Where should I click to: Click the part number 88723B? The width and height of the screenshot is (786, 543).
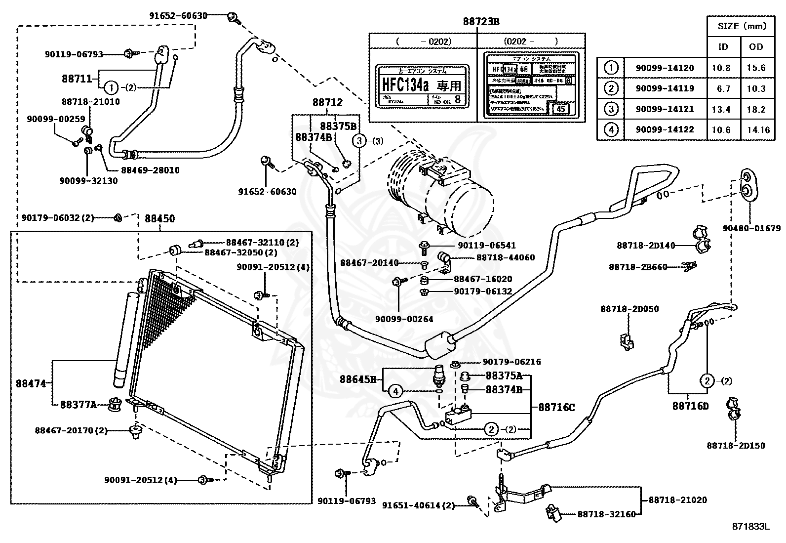481,22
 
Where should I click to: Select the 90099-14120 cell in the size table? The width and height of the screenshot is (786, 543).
665,68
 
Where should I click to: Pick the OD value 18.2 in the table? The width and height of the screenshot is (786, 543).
756,109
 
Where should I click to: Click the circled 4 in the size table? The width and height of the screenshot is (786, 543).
611,129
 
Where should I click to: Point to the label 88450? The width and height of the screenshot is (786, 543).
159,218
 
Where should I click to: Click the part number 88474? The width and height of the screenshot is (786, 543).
31,383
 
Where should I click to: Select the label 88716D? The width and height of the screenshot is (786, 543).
690,406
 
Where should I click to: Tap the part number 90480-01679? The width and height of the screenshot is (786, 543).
751,228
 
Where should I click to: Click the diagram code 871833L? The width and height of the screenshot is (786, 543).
750,527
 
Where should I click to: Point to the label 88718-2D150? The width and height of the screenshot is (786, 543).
736,446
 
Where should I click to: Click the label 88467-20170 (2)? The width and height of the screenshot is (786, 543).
71,430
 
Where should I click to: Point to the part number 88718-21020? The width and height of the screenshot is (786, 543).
677,500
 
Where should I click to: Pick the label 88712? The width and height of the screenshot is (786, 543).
327,103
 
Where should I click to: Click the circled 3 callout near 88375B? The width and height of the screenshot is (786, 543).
359,141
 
